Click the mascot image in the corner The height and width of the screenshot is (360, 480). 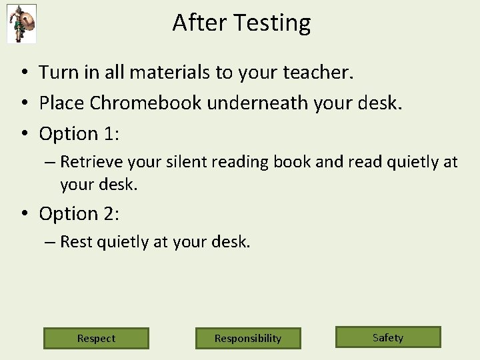click(x=21, y=23)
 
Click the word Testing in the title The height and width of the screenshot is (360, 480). click(x=275, y=23)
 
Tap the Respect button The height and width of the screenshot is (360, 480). click(x=96, y=338)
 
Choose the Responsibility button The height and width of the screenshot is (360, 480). click(x=248, y=338)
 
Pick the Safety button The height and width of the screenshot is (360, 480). click(x=388, y=337)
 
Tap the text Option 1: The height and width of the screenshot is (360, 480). click(x=79, y=134)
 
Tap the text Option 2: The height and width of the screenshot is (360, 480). click(x=79, y=214)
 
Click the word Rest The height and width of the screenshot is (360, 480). click(x=76, y=242)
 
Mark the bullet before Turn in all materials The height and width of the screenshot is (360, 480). click(x=23, y=73)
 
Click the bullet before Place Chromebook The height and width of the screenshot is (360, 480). click(x=23, y=103)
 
